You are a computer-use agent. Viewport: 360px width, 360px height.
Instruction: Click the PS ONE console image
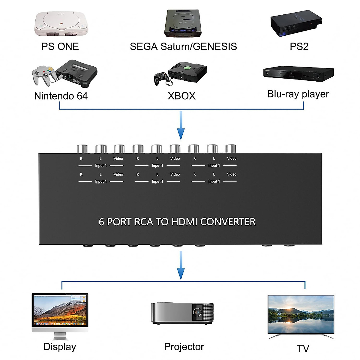pyautogui.click(x=61, y=24)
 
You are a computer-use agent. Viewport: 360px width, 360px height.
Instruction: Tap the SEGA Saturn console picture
pyautogui.click(x=183, y=23)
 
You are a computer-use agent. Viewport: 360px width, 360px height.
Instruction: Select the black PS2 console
pyautogui.click(x=296, y=23)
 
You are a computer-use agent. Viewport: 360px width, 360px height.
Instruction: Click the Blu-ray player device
pyautogui.click(x=298, y=74)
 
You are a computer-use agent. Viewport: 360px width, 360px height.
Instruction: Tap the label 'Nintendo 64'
pyautogui.click(x=61, y=96)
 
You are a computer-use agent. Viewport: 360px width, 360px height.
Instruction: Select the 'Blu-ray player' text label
pyautogui.click(x=298, y=94)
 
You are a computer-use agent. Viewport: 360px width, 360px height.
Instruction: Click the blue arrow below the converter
pyautogui.click(x=181, y=266)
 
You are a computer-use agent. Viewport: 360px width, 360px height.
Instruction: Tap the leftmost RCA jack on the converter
pyautogui.click(x=82, y=149)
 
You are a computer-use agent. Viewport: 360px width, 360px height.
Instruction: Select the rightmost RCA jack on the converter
pyautogui.click(x=230, y=149)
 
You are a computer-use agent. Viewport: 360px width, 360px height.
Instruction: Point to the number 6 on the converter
pyautogui.click(x=101, y=222)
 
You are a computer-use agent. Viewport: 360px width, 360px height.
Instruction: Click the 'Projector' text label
pyautogui.click(x=184, y=347)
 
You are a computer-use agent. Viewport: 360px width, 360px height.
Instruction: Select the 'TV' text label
pyautogui.click(x=303, y=349)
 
